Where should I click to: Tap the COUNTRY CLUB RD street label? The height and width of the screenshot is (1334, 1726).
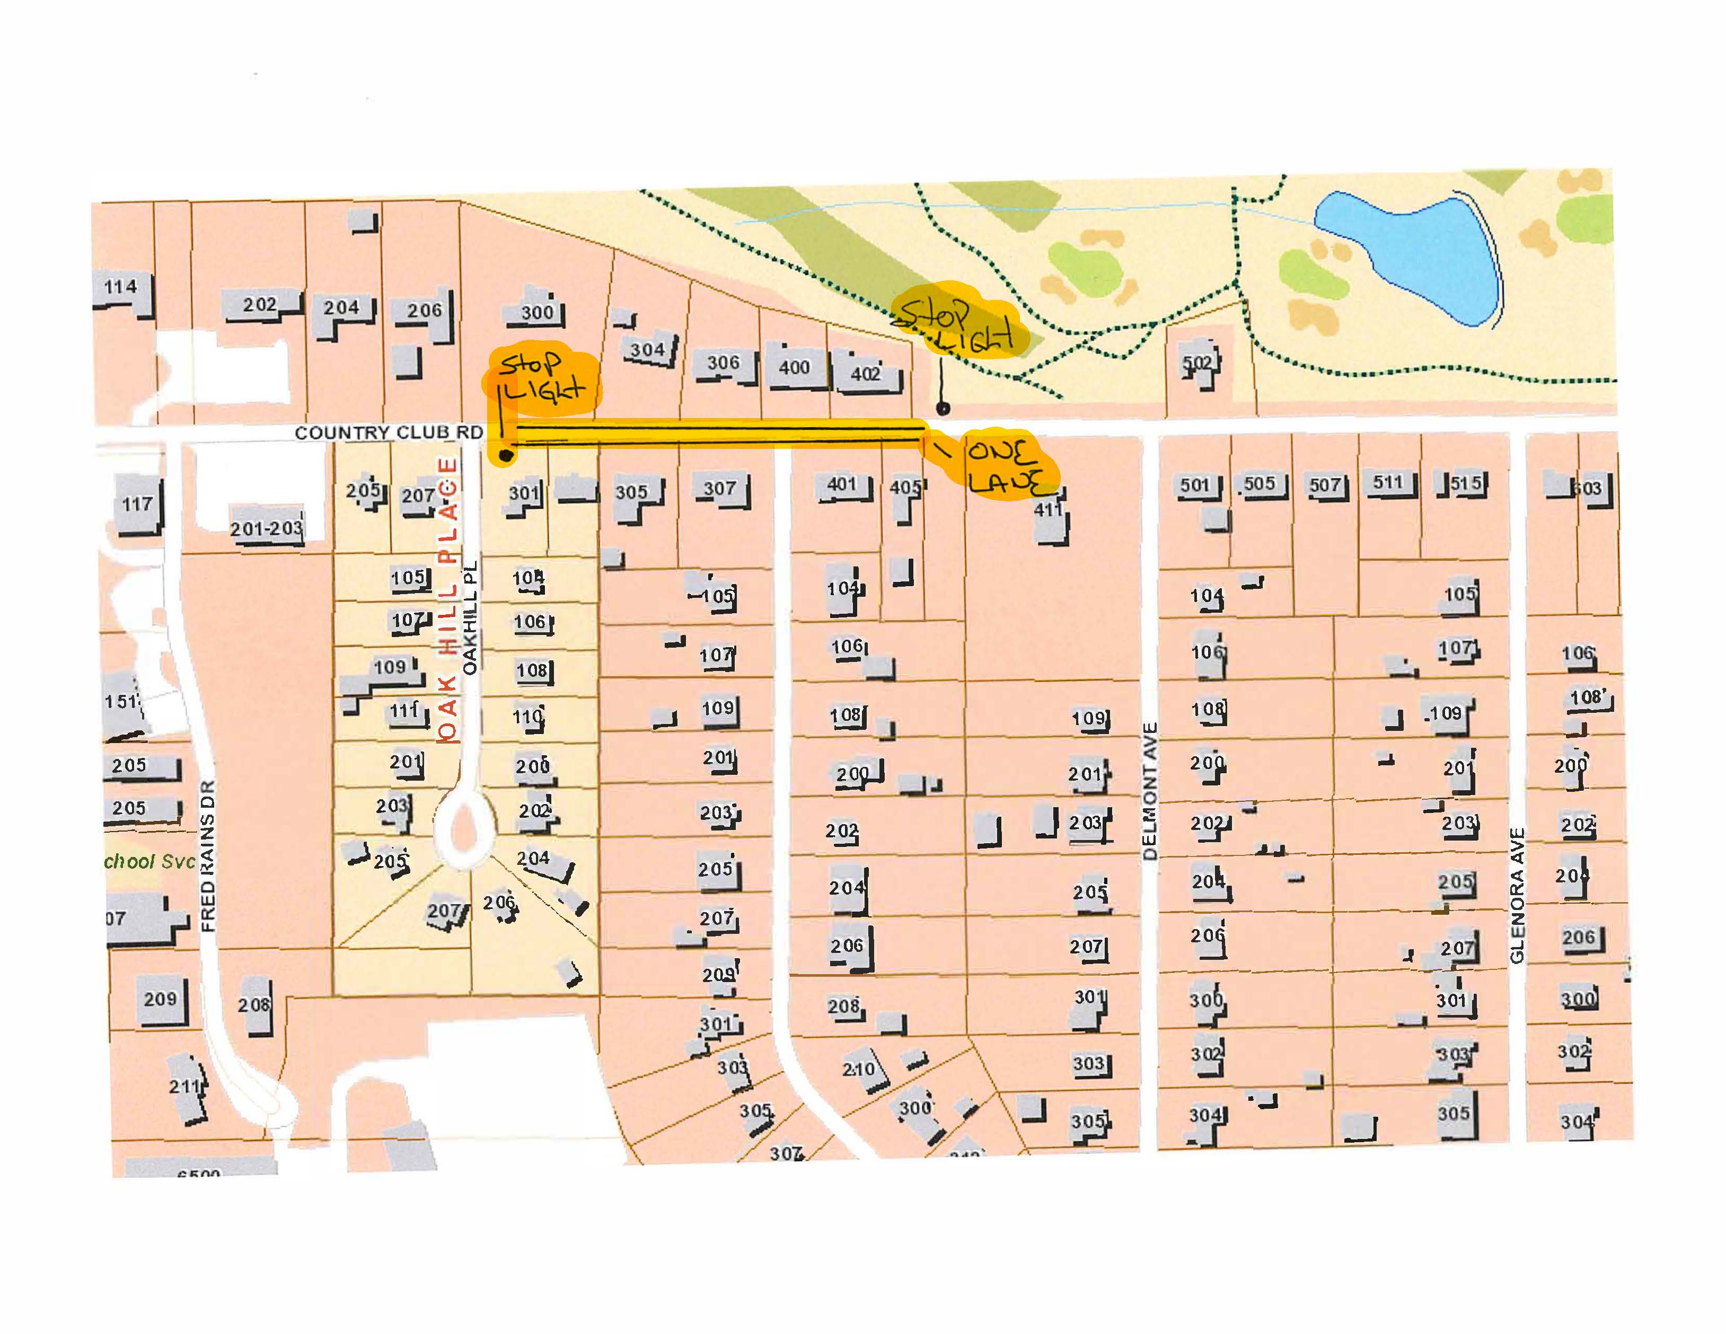pyautogui.click(x=388, y=432)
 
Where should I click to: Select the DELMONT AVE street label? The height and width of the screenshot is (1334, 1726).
pyautogui.click(x=1150, y=790)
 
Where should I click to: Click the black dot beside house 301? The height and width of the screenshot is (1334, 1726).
pyautogui.click(x=506, y=455)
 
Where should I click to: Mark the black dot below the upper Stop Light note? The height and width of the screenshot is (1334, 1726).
pyautogui.click(x=942, y=409)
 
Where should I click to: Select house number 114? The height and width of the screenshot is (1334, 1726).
pyautogui.click(x=121, y=287)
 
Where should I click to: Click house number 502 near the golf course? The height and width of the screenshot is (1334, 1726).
pyautogui.click(x=1197, y=363)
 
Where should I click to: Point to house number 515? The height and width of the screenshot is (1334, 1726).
pyautogui.click(x=1465, y=483)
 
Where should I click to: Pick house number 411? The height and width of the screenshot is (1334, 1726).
pyautogui.click(x=1049, y=510)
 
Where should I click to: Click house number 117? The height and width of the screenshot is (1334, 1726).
pyautogui.click(x=137, y=503)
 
